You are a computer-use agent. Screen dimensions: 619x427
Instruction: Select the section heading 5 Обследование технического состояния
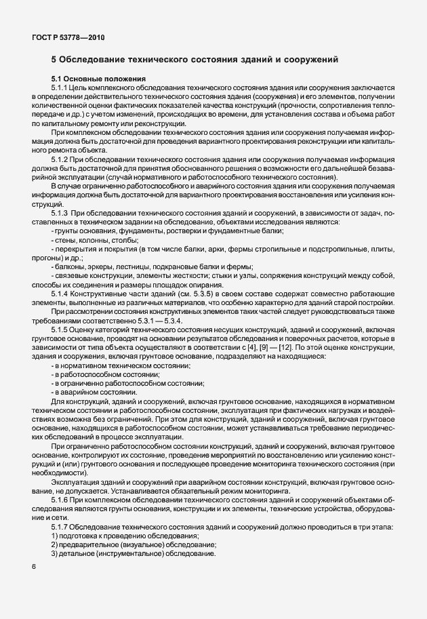(195, 61)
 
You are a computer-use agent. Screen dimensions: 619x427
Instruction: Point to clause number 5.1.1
(60, 89)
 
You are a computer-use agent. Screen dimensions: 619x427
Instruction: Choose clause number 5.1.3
(60, 214)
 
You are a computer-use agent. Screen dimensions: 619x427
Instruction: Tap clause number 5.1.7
(60, 526)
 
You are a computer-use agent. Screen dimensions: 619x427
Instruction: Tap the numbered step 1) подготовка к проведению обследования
(125, 536)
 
